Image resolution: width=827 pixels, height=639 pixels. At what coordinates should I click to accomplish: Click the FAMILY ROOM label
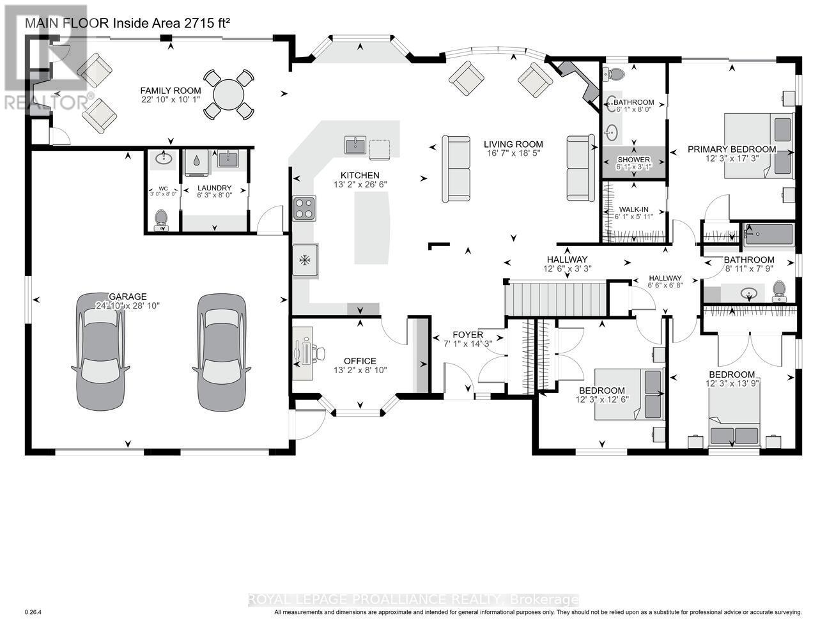171,91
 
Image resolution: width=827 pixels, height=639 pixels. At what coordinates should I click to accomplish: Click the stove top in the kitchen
304,208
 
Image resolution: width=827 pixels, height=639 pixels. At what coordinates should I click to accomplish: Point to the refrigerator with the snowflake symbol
305,260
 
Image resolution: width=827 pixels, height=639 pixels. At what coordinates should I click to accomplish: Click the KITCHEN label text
360,175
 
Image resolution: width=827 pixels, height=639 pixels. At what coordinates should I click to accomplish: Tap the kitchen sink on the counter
355,146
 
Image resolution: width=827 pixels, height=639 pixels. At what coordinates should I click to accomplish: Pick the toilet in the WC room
160,218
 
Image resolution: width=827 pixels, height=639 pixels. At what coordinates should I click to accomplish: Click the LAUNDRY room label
213,189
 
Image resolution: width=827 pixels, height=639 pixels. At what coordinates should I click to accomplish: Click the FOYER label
468,335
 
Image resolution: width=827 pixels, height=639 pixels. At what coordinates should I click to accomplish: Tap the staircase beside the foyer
554,299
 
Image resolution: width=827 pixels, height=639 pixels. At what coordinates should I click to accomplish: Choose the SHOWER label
633,160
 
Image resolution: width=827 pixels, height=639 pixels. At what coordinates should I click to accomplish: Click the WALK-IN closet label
633,209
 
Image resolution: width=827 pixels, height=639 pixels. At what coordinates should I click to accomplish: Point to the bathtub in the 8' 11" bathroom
769,234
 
